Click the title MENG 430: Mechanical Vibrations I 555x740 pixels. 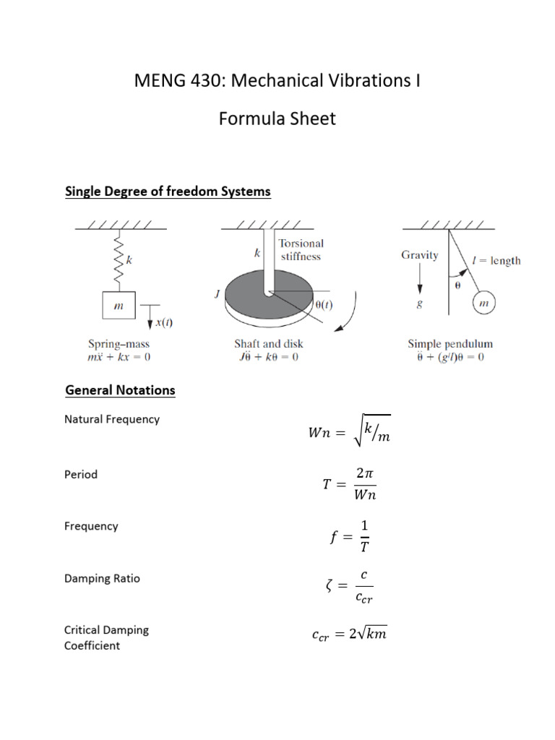[277, 80]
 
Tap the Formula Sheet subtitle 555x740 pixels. [277, 118]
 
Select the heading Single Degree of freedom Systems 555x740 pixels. [168, 192]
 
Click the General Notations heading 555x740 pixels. [120, 390]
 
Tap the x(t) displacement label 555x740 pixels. [163, 322]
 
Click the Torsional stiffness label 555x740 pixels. [301, 249]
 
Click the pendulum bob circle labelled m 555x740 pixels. [484, 304]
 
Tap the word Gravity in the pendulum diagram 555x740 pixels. [419, 255]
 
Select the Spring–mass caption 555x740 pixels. [119, 344]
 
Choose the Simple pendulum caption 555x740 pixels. [450, 344]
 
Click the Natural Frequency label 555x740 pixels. [112, 419]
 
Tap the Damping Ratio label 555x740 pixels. [102, 578]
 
